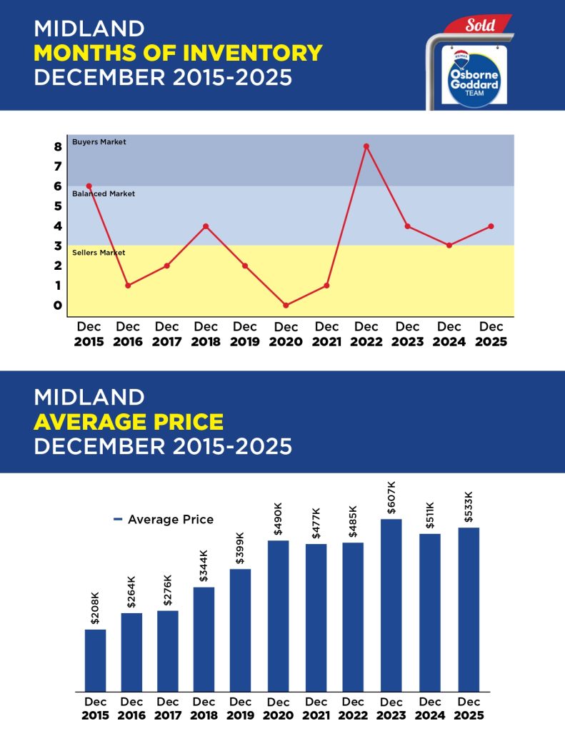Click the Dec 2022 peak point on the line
pos(366,146)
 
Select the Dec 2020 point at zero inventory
pos(286,306)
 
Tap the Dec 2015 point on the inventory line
pos(89,186)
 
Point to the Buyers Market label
pos(99,142)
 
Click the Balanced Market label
pos(104,193)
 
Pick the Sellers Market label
pos(99,253)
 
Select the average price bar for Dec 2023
pos(391,605)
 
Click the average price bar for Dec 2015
pos(95,660)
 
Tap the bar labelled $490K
pos(279,615)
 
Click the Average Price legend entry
pos(164,520)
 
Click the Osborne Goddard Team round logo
pos(469,76)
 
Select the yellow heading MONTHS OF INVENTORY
pos(178,53)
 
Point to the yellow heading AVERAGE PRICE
pos(129,422)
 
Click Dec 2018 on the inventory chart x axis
pos(206,334)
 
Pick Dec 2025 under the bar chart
pos(469,708)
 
